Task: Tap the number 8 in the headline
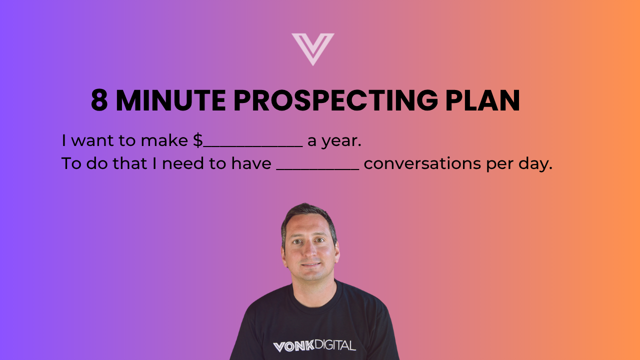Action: (x=99, y=100)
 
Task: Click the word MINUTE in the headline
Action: (x=171, y=100)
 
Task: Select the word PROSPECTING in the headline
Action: (x=335, y=100)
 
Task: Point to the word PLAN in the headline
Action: (x=483, y=100)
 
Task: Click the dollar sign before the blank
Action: (x=197, y=140)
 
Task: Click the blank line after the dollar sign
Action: (x=253, y=147)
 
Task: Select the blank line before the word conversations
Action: (x=317, y=169)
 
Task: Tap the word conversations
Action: (x=422, y=163)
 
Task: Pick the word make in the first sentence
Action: (x=164, y=140)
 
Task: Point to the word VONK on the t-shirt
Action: (x=293, y=346)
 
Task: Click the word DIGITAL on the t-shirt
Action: (x=335, y=345)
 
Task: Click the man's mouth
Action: (x=310, y=265)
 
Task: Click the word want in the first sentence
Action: (x=92, y=140)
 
